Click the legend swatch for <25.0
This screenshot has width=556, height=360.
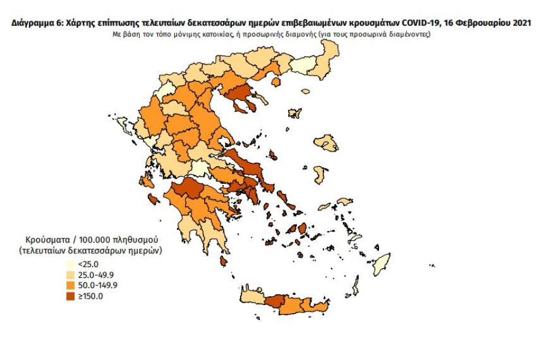coord(72,264)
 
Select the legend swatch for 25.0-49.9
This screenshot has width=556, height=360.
coord(72,275)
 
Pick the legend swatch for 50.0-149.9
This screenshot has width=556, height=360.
coord(72,285)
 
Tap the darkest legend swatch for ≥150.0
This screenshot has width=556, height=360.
coord(72,296)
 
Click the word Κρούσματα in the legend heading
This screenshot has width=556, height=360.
coord(46,241)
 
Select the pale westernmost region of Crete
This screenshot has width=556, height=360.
coord(251,297)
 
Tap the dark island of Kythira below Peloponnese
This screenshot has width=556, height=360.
coord(223,261)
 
